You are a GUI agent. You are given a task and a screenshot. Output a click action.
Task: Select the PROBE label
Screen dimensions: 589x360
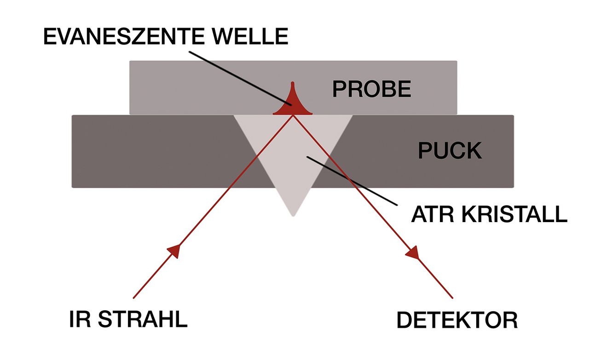(372, 89)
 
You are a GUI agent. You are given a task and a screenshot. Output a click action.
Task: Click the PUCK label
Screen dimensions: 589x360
(450, 150)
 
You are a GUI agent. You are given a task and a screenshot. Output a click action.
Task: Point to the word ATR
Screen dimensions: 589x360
(433, 214)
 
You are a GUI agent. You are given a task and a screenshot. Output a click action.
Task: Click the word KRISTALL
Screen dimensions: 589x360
(514, 214)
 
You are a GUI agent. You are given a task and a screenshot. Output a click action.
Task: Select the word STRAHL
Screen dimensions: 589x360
(143, 319)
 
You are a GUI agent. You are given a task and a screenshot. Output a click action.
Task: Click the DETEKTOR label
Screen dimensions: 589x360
(457, 320)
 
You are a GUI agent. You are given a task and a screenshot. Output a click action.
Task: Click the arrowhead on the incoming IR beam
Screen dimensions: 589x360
(174, 251)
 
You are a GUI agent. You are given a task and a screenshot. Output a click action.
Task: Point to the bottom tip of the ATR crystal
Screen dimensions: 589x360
(293, 216)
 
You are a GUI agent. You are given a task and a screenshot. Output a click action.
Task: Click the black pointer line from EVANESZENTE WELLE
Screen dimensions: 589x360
(240, 78)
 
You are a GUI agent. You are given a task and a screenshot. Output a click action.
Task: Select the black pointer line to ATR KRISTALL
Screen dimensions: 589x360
(352, 181)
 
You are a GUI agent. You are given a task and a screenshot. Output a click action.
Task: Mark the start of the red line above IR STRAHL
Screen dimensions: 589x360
(133, 298)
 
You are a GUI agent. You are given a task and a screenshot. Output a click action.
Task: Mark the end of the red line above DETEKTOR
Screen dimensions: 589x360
(452, 298)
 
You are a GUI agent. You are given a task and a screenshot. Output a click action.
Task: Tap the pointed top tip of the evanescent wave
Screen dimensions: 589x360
(292, 82)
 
